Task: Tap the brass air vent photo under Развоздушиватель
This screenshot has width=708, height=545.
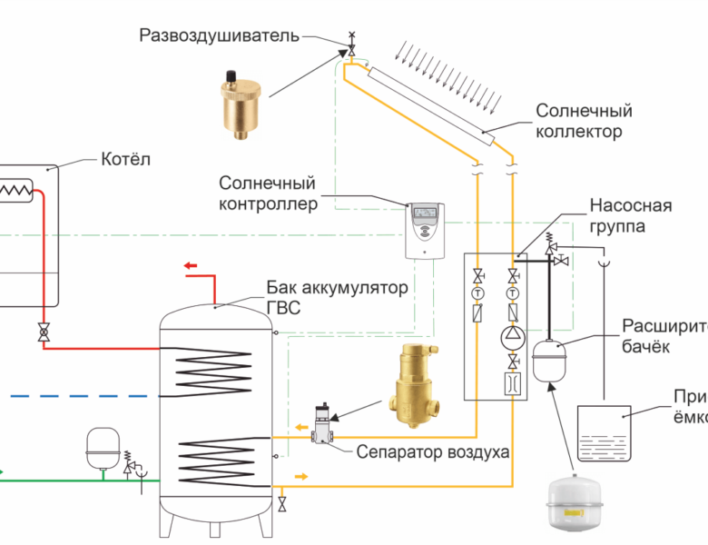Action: click(x=239, y=100)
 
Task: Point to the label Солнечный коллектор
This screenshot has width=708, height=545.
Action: click(x=584, y=121)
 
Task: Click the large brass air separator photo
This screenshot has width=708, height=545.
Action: click(x=414, y=386)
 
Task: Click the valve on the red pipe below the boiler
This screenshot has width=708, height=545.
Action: click(x=43, y=332)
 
